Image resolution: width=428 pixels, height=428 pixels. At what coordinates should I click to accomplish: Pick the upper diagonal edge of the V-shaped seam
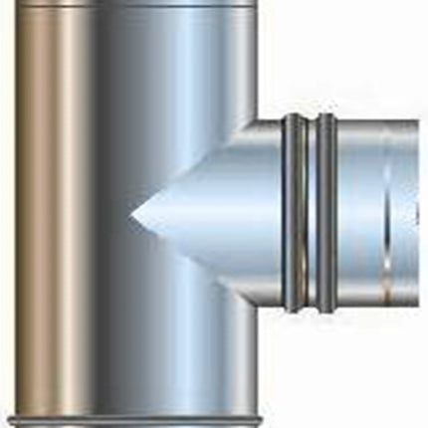pyautogui.click(x=189, y=169)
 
